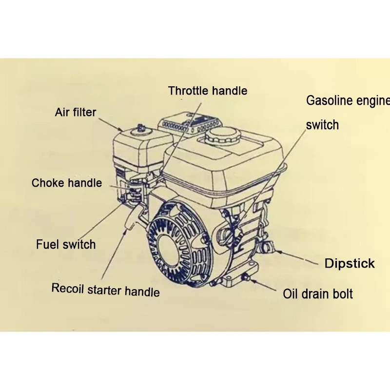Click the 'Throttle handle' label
(207, 91)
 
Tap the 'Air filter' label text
(76, 113)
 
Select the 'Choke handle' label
(67, 183)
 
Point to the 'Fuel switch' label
(66, 244)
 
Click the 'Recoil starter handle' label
(105, 290)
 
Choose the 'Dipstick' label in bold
(350, 264)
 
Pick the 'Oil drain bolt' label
(318, 294)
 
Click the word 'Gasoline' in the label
(329, 101)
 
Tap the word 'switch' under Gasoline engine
(322, 125)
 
